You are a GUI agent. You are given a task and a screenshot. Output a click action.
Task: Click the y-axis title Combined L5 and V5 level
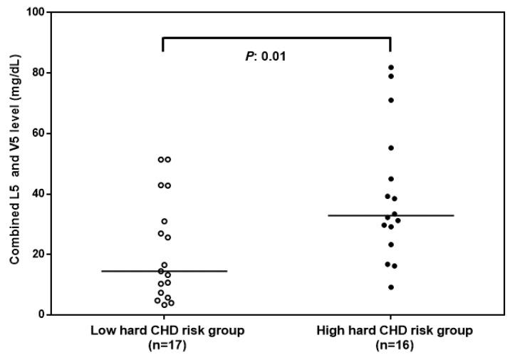14,164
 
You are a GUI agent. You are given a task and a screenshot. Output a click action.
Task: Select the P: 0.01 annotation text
266,56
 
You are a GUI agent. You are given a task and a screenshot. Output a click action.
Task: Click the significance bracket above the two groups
276,38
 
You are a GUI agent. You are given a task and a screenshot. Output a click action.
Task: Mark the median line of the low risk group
164,271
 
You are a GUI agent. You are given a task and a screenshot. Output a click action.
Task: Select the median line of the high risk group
390,215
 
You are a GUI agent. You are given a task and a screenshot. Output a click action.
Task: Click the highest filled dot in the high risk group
391,68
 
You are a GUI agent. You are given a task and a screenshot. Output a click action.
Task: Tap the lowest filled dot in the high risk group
391,287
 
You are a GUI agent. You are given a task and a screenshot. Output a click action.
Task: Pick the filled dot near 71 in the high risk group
391,100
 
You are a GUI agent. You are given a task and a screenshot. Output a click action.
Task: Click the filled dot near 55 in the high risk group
391,148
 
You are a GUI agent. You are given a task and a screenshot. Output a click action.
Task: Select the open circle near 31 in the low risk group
164,221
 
